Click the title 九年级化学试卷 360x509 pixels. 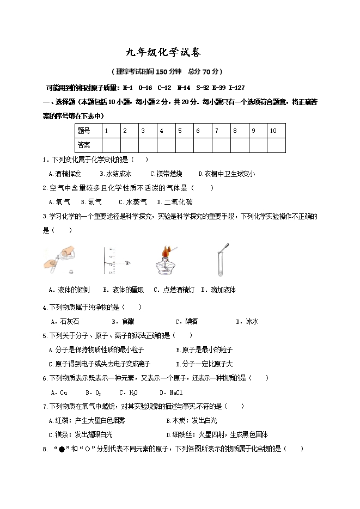163,53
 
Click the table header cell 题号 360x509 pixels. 84,131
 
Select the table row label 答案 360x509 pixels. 84,145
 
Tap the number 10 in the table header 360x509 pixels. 273,131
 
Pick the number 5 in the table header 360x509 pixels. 180,131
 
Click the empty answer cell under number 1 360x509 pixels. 111,145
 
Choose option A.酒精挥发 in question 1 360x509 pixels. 65,174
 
